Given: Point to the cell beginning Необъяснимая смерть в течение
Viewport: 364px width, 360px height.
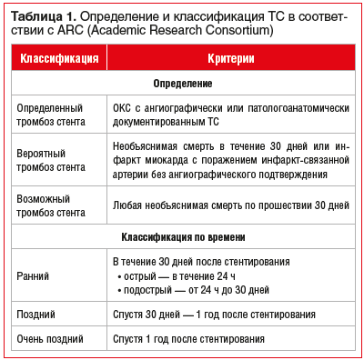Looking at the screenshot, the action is point(230,158).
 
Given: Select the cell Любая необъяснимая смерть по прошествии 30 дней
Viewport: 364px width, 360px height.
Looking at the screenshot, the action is point(230,205).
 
